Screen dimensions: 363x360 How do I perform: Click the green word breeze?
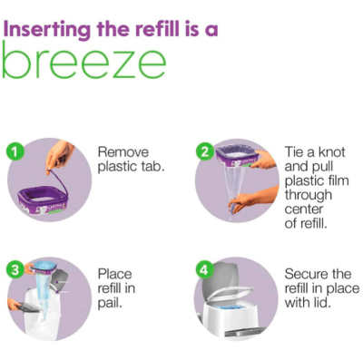[84, 61]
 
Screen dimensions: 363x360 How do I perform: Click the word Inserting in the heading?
[47, 30]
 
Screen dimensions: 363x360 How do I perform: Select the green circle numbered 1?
[14, 152]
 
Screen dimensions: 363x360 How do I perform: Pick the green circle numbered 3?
[14, 270]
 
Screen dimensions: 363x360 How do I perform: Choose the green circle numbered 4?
[204, 270]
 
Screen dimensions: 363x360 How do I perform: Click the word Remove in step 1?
[123, 151]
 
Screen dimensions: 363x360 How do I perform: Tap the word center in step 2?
[304, 209]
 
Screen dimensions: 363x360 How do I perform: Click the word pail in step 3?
[110, 303]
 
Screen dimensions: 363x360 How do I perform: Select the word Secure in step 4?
[307, 274]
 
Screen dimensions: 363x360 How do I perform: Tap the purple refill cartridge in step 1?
[42, 199]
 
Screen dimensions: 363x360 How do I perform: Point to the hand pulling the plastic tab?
[59, 157]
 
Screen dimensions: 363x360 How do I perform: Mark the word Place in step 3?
[114, 274]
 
